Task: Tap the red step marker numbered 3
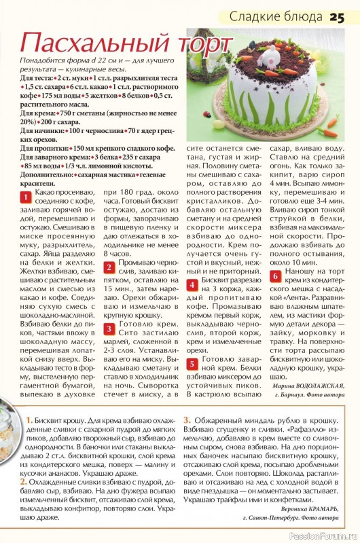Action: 109,329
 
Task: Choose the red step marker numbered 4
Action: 192,284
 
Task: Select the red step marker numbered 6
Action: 276,276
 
